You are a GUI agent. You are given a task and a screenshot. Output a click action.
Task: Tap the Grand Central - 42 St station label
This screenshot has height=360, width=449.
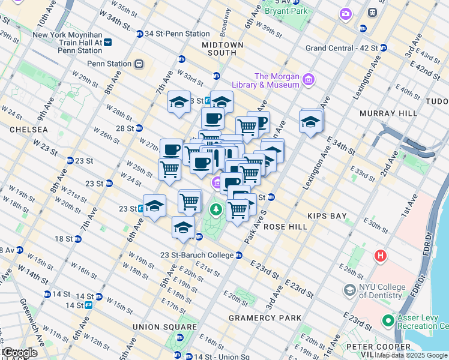click(342, 48)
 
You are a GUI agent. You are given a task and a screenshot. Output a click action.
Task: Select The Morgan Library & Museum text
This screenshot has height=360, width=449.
click(277, 80)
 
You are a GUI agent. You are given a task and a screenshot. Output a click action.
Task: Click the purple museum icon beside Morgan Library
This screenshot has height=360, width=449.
click(309, 79)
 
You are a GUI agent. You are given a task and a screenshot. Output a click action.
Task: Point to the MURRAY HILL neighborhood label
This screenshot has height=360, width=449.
click(388, 113)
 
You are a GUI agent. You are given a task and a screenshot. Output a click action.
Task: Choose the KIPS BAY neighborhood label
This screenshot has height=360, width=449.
click(324, 215)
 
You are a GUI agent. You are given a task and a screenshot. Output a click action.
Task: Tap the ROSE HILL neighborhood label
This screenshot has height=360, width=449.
click(285, 227)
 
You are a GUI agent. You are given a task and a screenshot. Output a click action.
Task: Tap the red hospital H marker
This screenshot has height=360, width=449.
click(380, 256)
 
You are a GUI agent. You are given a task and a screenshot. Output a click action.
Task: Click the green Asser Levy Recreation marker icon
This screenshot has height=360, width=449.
click(388, 321)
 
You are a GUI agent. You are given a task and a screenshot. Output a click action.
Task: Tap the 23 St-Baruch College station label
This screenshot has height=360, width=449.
click(197, 255)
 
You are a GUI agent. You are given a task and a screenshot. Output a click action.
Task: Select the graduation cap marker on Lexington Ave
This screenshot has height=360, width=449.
click(311, 122)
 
